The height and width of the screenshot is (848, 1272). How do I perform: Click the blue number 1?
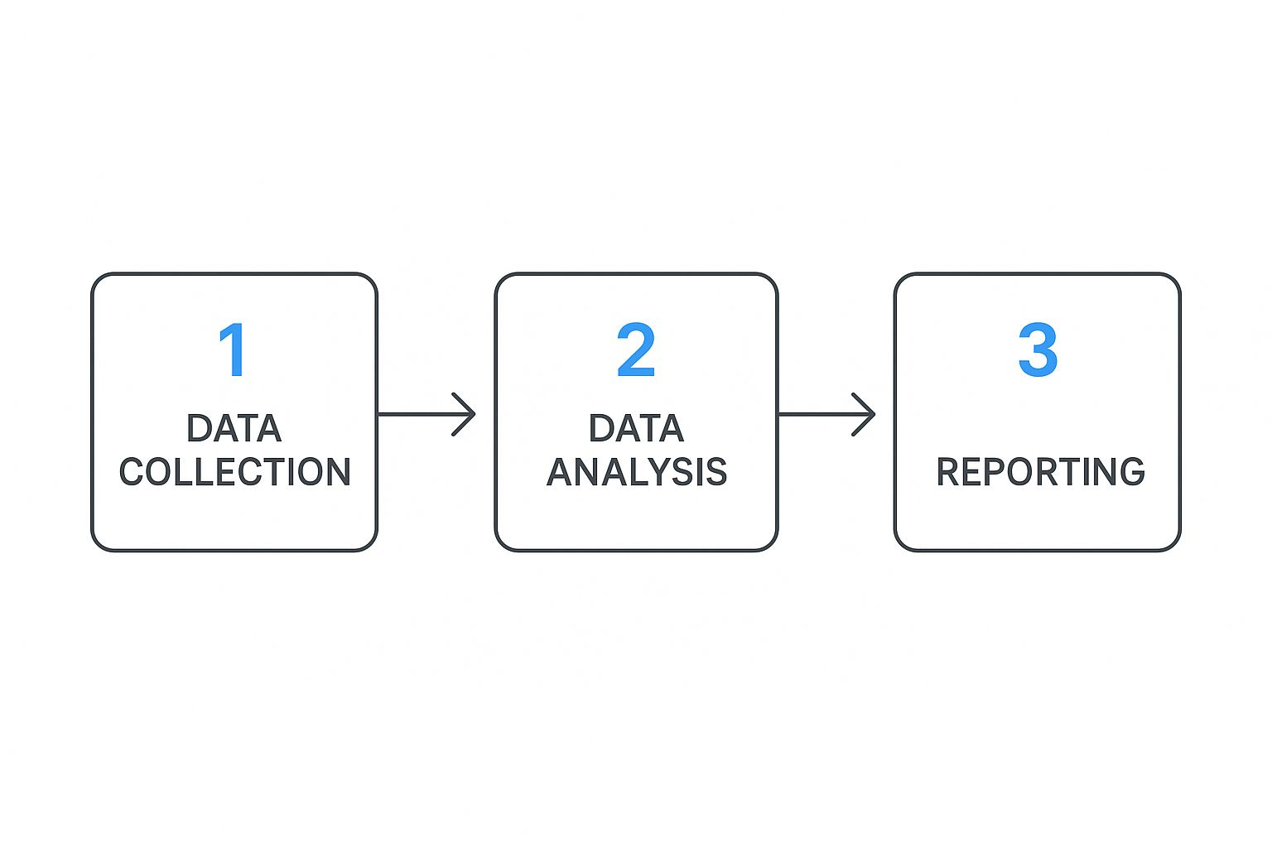(233, 350)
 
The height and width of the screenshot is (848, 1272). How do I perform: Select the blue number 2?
(636, 350)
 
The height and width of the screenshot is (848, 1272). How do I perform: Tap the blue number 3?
(1038, 350)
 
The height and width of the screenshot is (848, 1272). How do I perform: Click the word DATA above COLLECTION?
(234, 429)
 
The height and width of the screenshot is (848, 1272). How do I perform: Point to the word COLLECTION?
(234, 472)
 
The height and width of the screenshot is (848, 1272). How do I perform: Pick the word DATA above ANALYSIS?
(636, 429)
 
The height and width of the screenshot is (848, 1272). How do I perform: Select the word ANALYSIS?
(636, 472)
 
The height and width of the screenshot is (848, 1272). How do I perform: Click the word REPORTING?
(1040, 472)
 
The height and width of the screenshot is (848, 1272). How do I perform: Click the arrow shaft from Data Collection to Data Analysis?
(418, 414)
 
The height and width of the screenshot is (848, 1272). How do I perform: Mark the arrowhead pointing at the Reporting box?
(866, 414)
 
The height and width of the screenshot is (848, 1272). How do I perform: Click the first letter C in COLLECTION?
(132, 472)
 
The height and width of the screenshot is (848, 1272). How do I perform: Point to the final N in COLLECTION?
(337, 472)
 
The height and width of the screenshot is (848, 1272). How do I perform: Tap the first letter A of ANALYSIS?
(561, 472)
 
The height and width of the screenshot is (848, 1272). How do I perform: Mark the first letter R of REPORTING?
(949, 472)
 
